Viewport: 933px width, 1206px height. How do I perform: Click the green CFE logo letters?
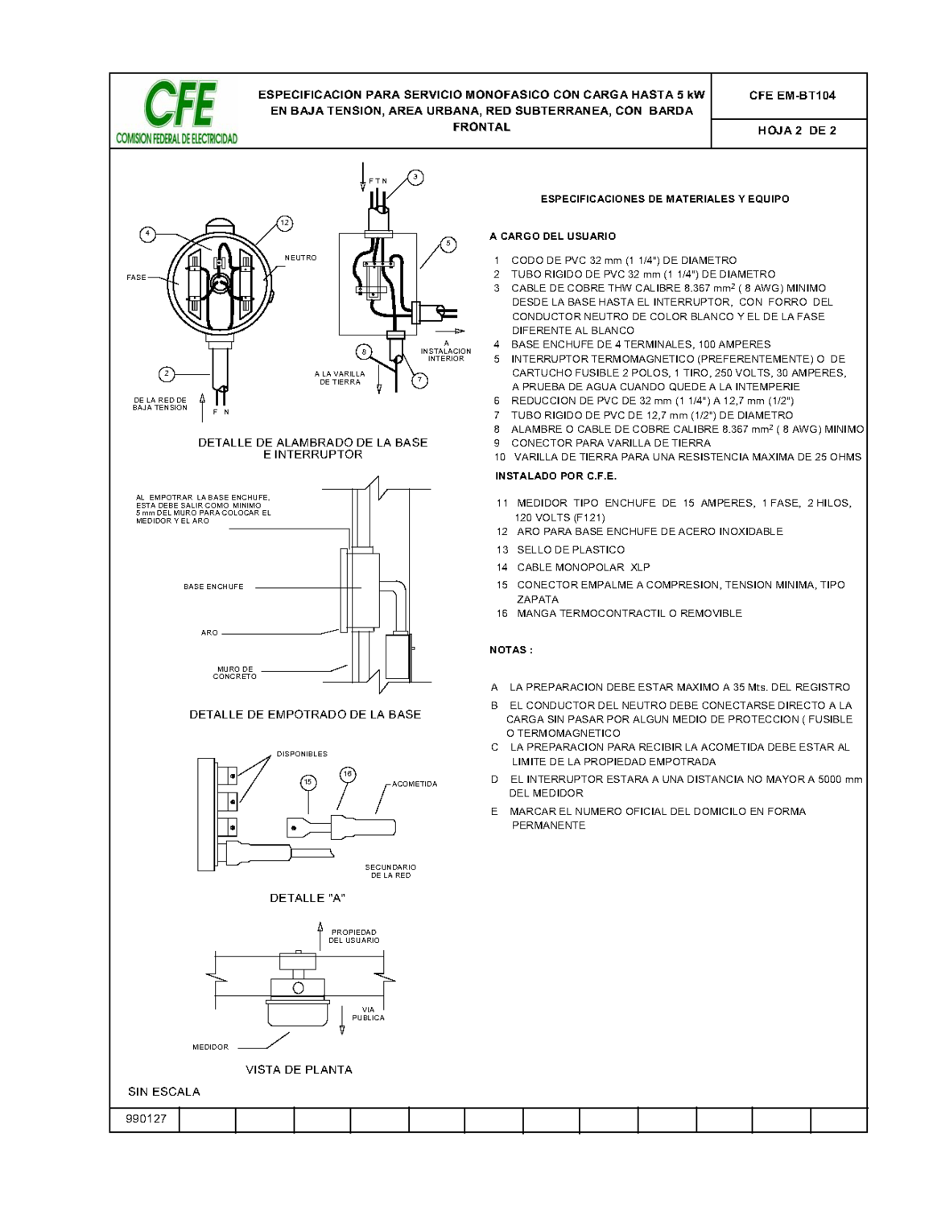[180, 105]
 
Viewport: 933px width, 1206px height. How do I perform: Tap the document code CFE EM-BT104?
[791, 96]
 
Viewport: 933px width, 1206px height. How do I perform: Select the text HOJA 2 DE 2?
[796, 131]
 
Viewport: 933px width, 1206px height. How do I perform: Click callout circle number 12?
[284, 224]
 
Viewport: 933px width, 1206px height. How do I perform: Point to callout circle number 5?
[448, 244]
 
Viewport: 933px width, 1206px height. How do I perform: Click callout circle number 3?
[415, 177]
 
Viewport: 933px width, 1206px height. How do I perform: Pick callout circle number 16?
[348, 775]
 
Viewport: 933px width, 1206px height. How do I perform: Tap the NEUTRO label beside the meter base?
[300, 258]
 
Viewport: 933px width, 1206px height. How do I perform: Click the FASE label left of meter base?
[136, 278]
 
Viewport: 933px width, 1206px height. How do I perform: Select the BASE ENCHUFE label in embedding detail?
[213, 587]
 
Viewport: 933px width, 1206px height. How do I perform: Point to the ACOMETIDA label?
[415, 784]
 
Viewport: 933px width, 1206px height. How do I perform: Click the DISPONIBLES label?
[302, 755]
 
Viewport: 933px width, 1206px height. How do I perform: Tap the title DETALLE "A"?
[307, 898]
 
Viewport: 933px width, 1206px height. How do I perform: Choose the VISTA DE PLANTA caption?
[299, 1070]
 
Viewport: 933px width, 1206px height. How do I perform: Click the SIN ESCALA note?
[163, 1092]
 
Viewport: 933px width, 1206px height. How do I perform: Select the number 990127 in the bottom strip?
[146, 1119]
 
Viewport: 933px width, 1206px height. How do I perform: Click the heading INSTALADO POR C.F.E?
[555, 476]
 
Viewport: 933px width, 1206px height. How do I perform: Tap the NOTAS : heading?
[510, 650]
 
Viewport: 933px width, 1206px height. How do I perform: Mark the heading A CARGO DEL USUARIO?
[552, 237]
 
